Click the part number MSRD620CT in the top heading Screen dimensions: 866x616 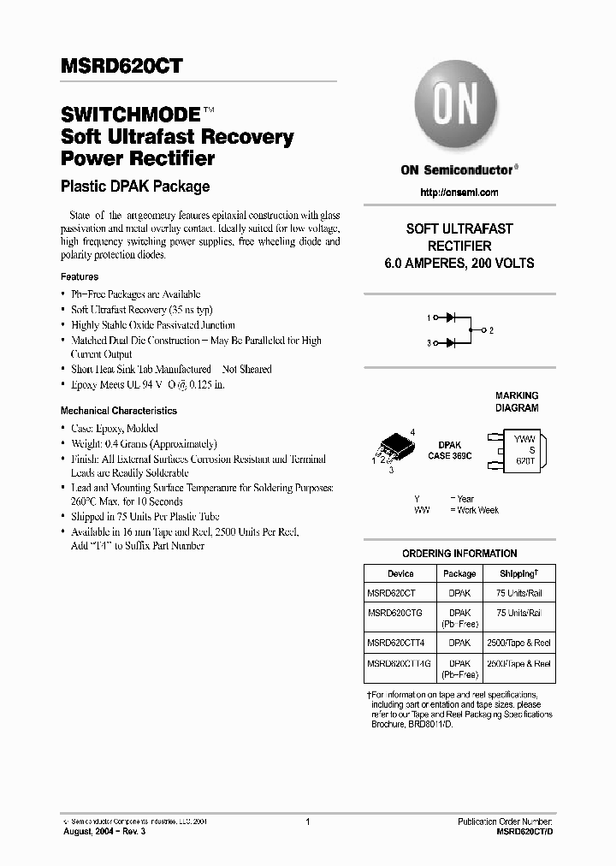[x=121, y=67]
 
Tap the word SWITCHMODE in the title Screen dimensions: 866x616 [x=130, y=115]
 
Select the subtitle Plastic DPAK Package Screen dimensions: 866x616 [x=135, y=186]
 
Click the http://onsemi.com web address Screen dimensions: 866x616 [x=459, y=193]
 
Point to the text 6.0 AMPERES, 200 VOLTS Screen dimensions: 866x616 [x=459, y=264]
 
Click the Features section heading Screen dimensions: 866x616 [x=80, y=277]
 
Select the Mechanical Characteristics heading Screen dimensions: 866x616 [x=119, y=411]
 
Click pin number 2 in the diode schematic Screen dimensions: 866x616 [x=492, y=329]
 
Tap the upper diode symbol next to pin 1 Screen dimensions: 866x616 [x=448, y=317]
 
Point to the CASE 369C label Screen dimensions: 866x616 [x=449, y=457]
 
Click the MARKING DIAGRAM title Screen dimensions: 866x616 [x=517, y=401]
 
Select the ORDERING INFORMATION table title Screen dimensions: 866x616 [x=459, y=554]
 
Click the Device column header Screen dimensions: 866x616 [x=400, y=574]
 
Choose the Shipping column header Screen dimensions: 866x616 [x=518, y=574]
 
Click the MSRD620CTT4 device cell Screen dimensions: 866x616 [x=394, y=642]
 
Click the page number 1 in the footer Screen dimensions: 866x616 [x=307, y=822]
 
